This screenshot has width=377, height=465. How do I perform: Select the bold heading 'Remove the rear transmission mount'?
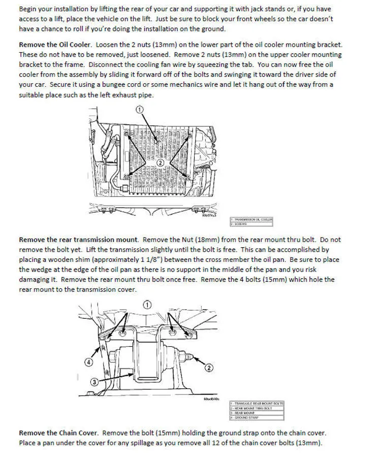(x=78, y=240)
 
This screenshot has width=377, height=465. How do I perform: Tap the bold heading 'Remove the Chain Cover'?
(x=58, y=433)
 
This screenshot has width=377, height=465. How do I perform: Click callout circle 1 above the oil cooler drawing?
(x=140, y=109)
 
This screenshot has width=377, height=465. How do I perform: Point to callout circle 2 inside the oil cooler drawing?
(x=160, y=162)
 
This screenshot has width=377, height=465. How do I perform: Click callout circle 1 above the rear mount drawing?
(x=147, y=305)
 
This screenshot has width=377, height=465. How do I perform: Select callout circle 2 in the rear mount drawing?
(x=209, y=367)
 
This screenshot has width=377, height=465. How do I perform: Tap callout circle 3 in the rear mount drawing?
(x=95, y=382)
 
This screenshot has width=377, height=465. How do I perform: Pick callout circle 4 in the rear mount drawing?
(x=88, y=361)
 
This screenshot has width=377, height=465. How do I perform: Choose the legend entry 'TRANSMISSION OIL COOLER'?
(x=253, y=219)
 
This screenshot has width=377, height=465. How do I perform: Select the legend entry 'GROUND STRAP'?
(x=246, y=417)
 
